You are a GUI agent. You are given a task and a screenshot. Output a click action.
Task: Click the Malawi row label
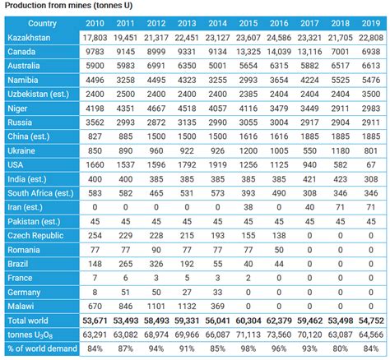click(x=22, y=303)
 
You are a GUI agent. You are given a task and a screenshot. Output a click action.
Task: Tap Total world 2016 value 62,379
click(x=278, y=319)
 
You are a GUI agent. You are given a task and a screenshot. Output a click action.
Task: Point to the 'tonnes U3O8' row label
click(x=32, y=334)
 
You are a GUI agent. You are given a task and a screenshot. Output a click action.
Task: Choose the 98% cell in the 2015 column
click(x=248, y=349)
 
